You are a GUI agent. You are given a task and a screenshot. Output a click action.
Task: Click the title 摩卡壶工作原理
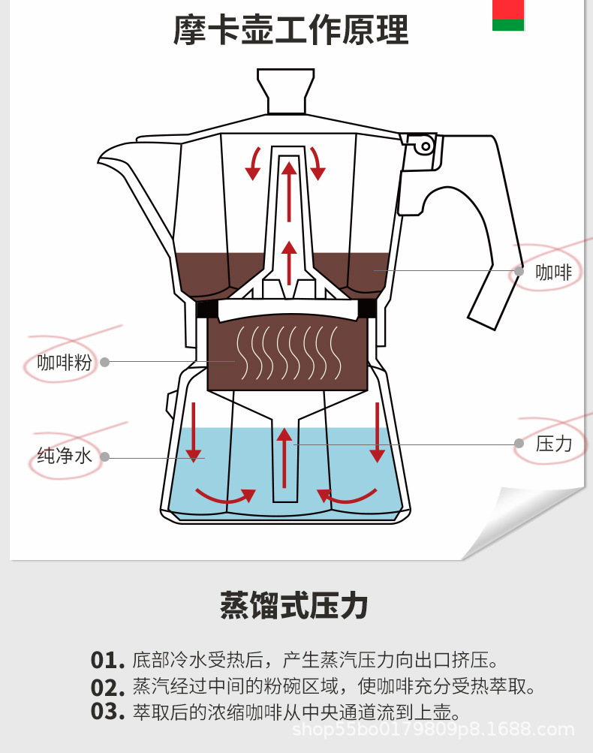click(x=291, y=31)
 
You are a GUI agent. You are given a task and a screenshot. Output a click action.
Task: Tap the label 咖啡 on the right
click(x=554, y=272)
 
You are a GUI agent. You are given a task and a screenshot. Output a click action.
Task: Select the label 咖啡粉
click(x=65, y=363)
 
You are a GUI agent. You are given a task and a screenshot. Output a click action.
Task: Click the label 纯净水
click(x=64, y=456)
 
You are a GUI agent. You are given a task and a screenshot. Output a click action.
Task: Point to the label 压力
click(x=554, y=444)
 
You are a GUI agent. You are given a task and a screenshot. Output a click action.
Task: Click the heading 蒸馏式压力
click(x=294, y=605)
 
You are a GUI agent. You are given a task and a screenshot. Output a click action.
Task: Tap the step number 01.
click(x=107, y=661)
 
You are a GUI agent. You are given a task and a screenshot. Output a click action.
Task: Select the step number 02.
click(x=107, y=687)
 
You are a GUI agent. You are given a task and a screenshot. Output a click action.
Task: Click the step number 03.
click(x=107, y=712)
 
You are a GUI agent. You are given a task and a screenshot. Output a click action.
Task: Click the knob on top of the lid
click(x=285, y=89)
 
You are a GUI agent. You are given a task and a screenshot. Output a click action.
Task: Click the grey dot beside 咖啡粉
click(x=105, y=362)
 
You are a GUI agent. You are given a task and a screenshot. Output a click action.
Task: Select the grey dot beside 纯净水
click(x=105, y=456)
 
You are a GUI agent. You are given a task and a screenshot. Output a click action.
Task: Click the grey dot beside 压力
click(x=519, y=444)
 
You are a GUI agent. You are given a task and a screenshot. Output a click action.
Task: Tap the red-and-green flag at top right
click(x=507, y=15)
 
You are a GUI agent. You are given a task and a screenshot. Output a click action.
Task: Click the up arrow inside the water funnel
click(x=284, y=458)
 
